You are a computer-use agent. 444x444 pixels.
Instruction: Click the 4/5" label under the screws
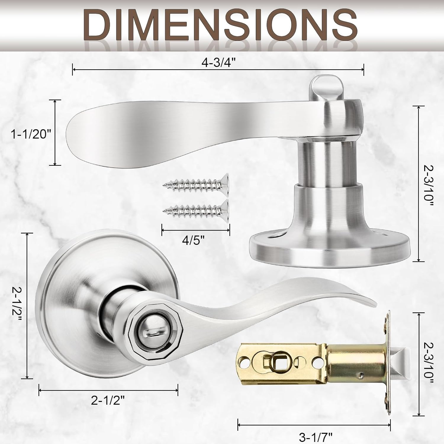pos(193,240)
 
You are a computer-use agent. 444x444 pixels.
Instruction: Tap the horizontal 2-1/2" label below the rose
pos(107,401)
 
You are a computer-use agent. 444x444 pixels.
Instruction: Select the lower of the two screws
pos(196,211)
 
